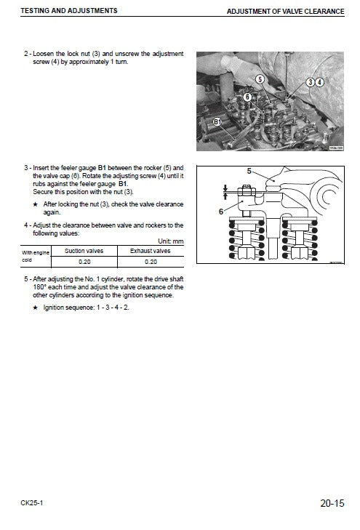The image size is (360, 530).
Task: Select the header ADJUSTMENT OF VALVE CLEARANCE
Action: point(289,12)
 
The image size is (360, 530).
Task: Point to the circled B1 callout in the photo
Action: point(216,121)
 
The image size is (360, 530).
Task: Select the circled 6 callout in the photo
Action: point(247,96)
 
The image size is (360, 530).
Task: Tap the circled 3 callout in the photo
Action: point(311,82)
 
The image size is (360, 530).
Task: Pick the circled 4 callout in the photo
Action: point(320,82)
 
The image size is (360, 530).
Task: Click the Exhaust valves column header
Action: point(151,250)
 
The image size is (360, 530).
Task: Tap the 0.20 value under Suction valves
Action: point(84,261)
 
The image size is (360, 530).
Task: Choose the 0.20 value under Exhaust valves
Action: point(151,261)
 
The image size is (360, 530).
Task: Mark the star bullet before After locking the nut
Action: point(36,204)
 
